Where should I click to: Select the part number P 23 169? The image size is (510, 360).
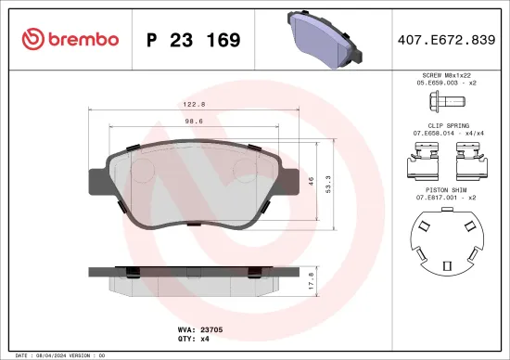pos(193,40)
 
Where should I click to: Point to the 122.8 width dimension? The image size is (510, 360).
pos(193,106)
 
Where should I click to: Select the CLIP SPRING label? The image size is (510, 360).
pos(448,124)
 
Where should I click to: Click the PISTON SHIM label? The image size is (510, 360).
pos(448,187)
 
